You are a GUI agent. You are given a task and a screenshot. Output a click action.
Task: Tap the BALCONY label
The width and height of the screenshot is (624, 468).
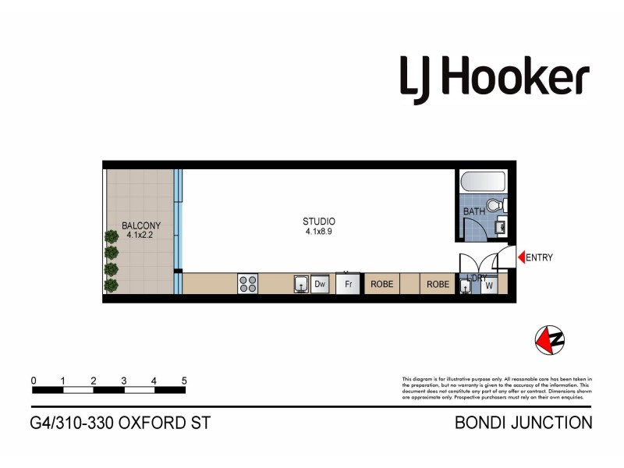click(x=141, y=227)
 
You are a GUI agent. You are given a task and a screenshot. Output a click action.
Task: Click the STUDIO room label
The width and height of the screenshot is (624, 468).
click(x=320, y=222)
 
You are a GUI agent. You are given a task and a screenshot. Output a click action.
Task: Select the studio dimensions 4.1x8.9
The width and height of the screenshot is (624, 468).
click(x=320, y=232)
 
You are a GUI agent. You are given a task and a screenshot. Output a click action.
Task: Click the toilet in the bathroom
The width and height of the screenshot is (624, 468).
click(x=502, y=206)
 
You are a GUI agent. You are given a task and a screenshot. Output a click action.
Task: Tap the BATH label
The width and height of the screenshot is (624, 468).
click(x=474, y=211)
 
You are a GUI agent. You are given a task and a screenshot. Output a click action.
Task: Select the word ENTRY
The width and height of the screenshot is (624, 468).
click(x=540, y=258)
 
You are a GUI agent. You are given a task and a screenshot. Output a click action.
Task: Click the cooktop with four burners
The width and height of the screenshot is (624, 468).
click(x=248, y=284)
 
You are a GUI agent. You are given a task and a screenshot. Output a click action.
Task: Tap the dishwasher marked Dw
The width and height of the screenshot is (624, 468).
click(x=320, y=285)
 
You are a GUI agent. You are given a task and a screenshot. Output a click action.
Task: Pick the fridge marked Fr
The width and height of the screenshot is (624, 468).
click(x=349, y=284)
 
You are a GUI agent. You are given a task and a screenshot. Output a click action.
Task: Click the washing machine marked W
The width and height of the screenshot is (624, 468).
click(x=489, y=285)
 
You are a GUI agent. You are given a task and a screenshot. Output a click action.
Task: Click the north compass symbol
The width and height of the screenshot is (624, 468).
click(x=549, y=339)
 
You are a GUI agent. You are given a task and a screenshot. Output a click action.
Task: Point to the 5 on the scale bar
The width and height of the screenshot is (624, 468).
click(x=184, y=381)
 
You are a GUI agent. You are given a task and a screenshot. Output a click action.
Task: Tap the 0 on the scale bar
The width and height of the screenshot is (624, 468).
click(x=34, y=381)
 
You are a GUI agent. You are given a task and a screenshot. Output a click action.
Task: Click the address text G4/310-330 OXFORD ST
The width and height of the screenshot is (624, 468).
click(x=120, y=424)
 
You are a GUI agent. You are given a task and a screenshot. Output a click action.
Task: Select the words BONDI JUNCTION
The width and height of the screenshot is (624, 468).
click(x=523, y=424)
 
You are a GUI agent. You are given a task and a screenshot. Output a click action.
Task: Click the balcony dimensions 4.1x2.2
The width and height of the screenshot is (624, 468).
click(x=141, y=236)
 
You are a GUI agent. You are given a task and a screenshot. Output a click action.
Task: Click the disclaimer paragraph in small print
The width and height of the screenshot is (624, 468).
click(x=497, y=388)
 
